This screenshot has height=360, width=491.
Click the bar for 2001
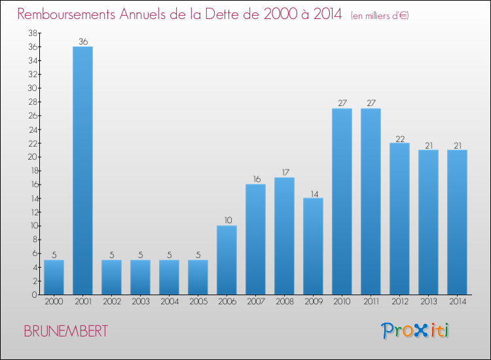[82, 170]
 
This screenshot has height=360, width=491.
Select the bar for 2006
[227, 260]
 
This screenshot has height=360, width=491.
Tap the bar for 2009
[313, 246]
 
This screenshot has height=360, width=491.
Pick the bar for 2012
[399, 219]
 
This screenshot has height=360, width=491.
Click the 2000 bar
[54, 277]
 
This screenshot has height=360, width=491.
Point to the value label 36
[82, 41]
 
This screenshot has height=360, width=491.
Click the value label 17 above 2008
[284, 173]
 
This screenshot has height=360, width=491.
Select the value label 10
[227, 221]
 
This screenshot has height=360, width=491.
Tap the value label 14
[313, 193]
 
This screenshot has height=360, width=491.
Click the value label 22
[399, 138]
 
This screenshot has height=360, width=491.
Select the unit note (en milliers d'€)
[380, 16]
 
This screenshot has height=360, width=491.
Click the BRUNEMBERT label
[65, 331]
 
